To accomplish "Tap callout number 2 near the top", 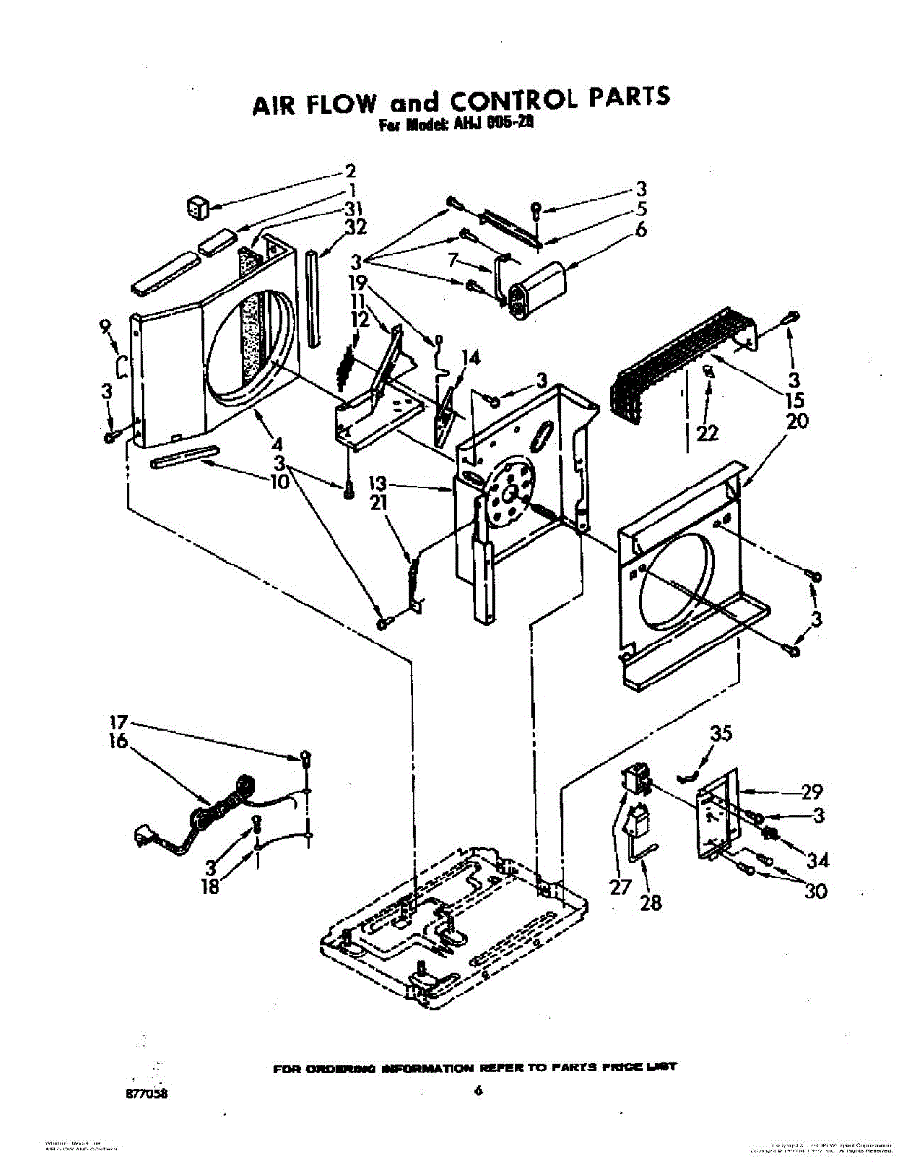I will (x=350, y=170).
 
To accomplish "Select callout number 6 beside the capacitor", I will (x=641, y=230).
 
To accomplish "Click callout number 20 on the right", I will (x=797, y=421).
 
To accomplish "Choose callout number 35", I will (x=720, y=733).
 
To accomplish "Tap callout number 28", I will (x=650, y=902).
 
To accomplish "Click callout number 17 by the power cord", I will (x=118, y=723).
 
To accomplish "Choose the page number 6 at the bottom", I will (x=478, y=1092).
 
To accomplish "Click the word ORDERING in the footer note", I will (x=335, y=1068).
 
